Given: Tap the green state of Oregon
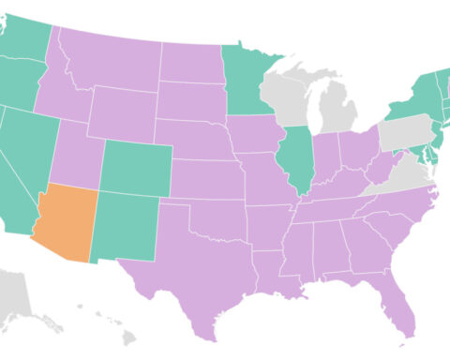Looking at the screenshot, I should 23,80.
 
